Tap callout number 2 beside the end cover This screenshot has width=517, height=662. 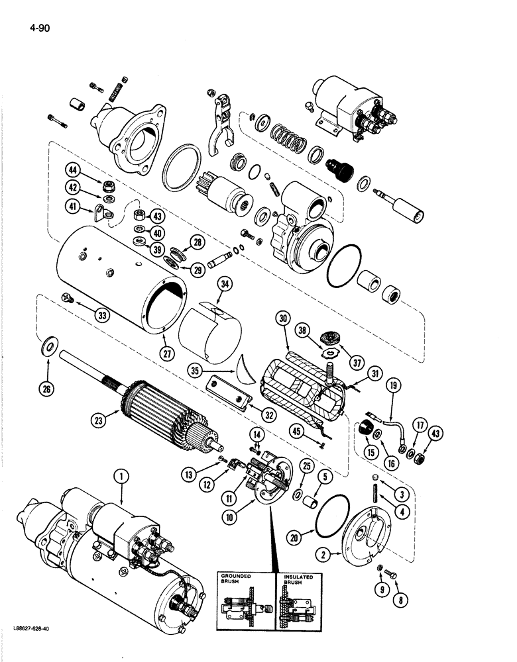323,555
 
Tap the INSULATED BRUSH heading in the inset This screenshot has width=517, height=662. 294,580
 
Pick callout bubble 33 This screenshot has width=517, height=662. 102,316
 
